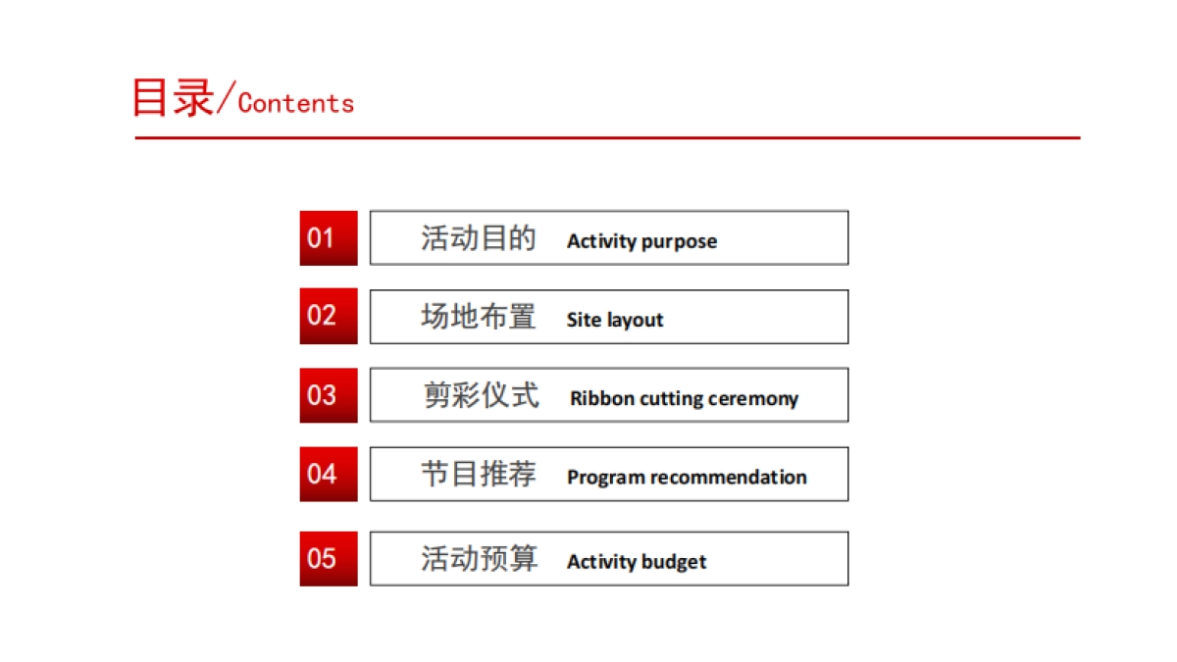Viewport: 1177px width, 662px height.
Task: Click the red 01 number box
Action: pos(329,237)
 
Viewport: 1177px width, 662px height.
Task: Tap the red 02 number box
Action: pos(329,316)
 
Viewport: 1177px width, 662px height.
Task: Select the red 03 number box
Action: pos(329,395)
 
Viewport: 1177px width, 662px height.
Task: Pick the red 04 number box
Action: pos(329,474)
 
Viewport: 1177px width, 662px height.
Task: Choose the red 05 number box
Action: pos(329,559)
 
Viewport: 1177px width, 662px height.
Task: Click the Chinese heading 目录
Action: pos(173,98)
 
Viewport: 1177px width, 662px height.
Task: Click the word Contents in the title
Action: pos(296,103)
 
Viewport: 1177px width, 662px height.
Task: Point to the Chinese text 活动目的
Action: pos(479,238)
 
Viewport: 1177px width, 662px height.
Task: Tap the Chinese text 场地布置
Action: pos(479,317)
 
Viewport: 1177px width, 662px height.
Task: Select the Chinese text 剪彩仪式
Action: pos(481,395)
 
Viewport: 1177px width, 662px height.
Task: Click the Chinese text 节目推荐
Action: pos(479,475)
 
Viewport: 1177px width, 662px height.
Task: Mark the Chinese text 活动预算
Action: pos(479,559)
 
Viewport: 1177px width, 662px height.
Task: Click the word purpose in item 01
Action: pos(680,242)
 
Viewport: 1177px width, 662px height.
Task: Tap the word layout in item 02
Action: pos(635,321)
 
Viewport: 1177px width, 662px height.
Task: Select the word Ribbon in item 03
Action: pos(602,399)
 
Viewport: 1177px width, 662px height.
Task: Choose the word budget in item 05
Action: pos(675,562)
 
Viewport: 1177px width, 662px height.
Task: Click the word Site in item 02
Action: pos(584,320)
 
